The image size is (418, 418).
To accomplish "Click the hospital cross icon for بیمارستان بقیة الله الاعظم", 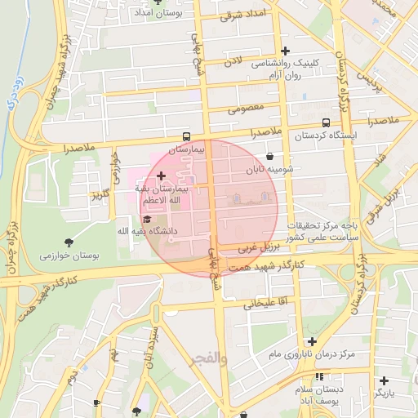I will point(161,176).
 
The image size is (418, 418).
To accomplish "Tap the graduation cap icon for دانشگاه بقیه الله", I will point(147,219).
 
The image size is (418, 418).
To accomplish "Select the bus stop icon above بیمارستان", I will point(188,137).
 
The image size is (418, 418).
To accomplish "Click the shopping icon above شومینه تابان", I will point(269,157).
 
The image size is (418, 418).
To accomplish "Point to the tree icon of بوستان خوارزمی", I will point(68,242).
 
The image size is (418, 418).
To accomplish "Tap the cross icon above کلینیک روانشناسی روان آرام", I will point(285,51).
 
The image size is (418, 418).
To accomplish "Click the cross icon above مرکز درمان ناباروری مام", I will point(311,341).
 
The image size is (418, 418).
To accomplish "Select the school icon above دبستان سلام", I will point(319,376).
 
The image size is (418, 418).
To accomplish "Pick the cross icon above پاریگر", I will point(384,380).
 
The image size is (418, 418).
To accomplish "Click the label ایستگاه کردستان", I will point(312,134).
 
